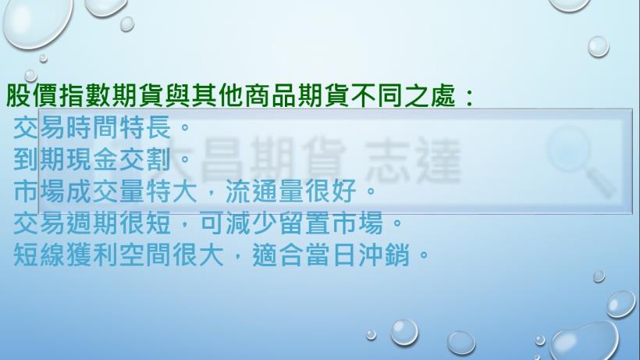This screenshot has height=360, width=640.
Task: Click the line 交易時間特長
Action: pyautogui.click(x=92, y=127)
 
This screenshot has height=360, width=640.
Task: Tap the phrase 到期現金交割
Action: pyautogui.click(x=92, y=159)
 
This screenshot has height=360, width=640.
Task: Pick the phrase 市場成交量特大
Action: pyautogui.click(x=105, y=191)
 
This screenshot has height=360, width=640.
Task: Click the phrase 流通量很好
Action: pyautogui.click(x=290, y=191)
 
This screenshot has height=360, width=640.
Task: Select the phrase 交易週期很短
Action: pyautogui.click(x=92, y=223)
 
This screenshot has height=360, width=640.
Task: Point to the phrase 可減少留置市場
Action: pyautogui.click(x=291, y=223)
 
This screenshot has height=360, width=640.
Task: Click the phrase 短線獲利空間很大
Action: pyautogui.click(x=119, y=255)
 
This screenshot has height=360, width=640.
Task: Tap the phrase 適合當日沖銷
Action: pyautogui.click(x=331, y=255)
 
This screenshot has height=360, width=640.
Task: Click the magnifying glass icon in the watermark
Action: pyautogui.click(x=581, y=160)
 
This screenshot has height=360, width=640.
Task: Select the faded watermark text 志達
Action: pyautogui.click(x=413, y=160)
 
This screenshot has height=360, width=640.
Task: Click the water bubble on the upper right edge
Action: pyautogui.click(x=599, y=47)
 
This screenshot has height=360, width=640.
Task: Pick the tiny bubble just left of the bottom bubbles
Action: pyautogui.click(x=371, y=335)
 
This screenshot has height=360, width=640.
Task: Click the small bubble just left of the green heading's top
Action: pyautogui.click(x=30, y=76)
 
